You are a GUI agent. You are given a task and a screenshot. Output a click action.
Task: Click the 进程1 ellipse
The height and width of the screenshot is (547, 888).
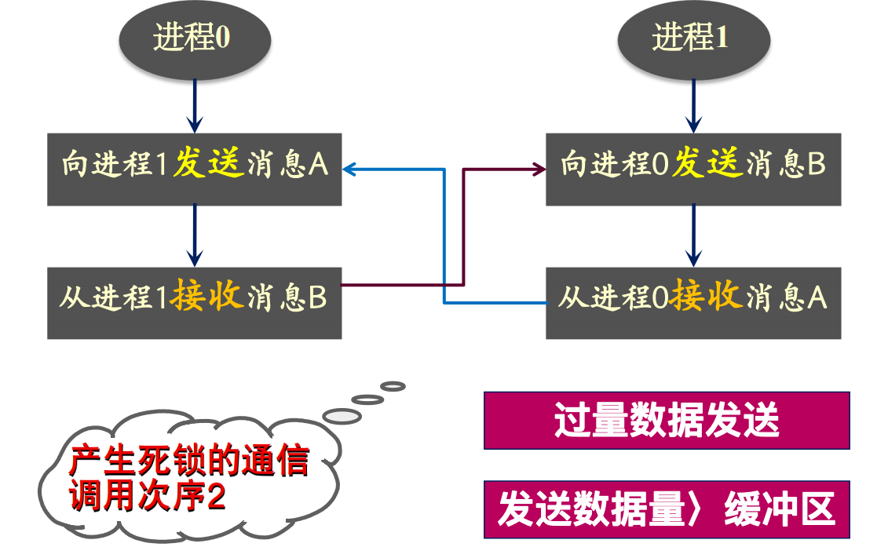click(x=692, y=38)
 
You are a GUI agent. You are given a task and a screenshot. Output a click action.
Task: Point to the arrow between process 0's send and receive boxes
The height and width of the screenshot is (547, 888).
click(x=194, y=235)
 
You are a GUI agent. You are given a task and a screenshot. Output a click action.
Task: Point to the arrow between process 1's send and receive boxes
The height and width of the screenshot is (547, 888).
click(x=692, y=235)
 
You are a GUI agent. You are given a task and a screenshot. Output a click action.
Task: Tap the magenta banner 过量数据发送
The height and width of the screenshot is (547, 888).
click(x=666, y=420)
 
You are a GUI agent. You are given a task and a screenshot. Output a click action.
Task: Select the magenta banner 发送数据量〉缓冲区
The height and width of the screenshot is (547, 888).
click(x=666, y=509)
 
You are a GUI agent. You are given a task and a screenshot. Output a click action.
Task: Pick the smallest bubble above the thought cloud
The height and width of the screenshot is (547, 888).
click(x=393, y=386)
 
